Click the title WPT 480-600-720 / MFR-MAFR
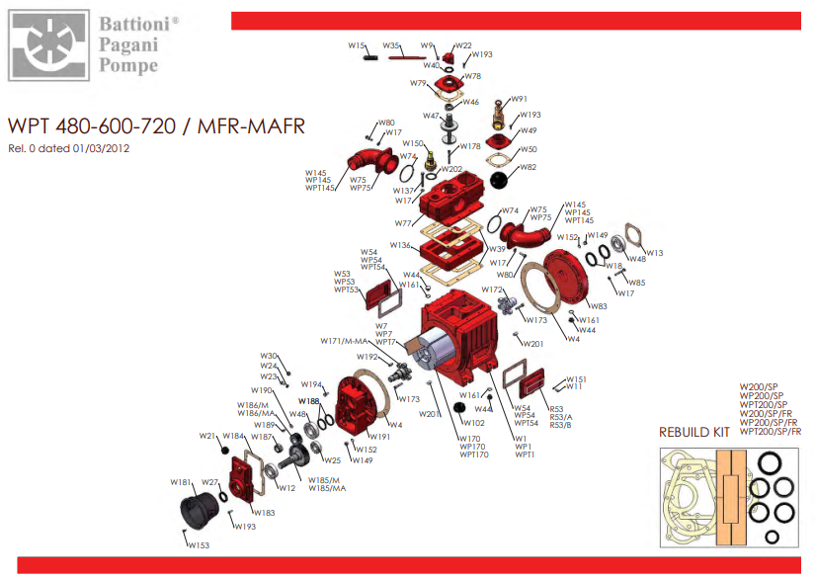(x=156, y=126)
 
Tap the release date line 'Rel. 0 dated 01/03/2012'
(x=68, y=148)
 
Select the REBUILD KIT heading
(x=694, y=433)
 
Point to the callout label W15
(x=357, y=45)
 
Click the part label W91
(x=519, y=99)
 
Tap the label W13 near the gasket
(x=655, y=253)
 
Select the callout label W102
(x=474, y=423)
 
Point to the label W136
(x=400, y=245)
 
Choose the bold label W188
(x=309, y=401)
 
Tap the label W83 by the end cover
(x=600, y=306)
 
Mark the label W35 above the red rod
(x=391, y=46)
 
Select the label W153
(x=198, y=545)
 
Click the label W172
(x=492, y=289)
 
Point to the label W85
(x=637, y=283)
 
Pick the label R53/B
(x=560, y=426)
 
